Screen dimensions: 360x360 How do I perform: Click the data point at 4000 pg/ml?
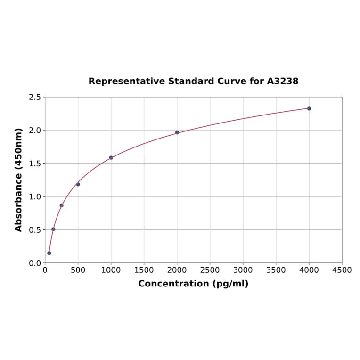point(309,108)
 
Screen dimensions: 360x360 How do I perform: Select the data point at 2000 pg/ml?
point(177,132)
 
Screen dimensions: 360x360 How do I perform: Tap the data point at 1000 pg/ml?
point(111,158)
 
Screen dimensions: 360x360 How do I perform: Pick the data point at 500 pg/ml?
point(78,184)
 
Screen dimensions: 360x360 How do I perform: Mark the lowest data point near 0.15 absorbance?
point(49,253)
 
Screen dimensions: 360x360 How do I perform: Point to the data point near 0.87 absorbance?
point(62,205)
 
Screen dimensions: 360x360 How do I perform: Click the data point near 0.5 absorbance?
point(53,229)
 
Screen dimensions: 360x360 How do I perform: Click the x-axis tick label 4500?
point(342,270)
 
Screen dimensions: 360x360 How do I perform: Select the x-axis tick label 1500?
point(144,270)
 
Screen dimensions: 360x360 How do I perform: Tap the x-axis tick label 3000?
point(243,270)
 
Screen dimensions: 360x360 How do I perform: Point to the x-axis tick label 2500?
point(210,270)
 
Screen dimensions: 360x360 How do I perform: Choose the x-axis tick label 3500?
point(276,270)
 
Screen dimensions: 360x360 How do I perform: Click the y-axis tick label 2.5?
point(35,97)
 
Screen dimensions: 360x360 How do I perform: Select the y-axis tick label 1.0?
point(35,196)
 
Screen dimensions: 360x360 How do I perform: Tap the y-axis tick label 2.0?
point(35,130)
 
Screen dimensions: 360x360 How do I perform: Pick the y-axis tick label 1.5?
point(35,164)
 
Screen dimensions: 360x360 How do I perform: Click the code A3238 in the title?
point(282,81)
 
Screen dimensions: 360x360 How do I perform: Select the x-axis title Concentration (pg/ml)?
point(193,284)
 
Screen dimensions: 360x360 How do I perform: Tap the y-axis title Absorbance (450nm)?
point(19,180)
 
